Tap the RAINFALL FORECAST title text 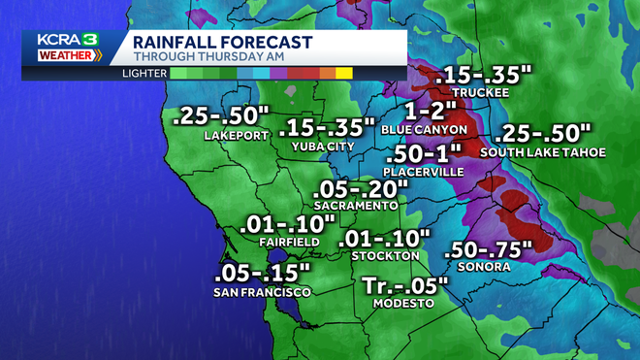coord(221,42)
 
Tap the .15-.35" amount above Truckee coord(483,75)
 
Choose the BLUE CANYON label coord(424,129)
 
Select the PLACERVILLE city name coord(425,172)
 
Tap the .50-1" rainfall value coord(425,154)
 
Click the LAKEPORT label coord(236,136)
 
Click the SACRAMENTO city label coord(355,206)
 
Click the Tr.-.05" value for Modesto coord(405,285)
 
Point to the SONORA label coord(485,267)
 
